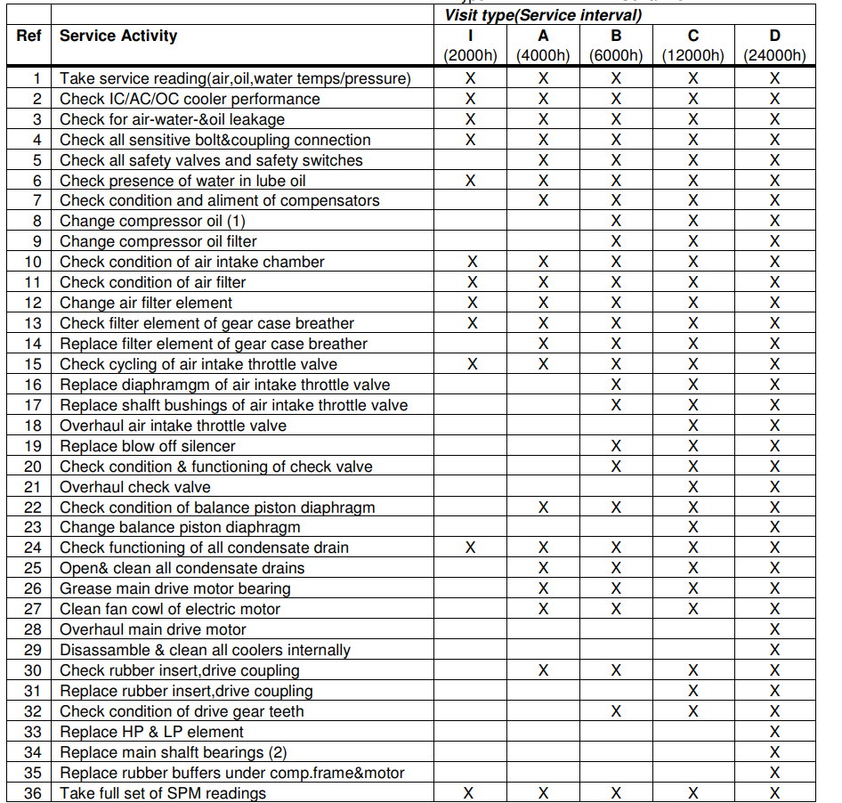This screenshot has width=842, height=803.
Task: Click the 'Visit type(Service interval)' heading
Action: (543, 15)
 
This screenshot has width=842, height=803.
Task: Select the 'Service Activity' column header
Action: (118, 36)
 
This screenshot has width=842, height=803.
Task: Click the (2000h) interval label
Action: (471, 55)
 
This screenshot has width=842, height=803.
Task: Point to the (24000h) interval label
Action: (774, 55)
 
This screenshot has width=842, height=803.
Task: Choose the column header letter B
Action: (616, 36)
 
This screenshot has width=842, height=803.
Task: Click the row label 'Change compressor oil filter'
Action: (158, 241)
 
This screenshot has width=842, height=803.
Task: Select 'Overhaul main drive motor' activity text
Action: (152, 629)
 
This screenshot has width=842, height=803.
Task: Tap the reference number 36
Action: (33, 793)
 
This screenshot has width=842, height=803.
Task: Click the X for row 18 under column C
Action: (693, 426)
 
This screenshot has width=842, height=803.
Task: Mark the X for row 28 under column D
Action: (774, 629)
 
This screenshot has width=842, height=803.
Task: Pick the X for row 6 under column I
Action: (471, 181)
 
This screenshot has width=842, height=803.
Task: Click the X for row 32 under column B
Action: (616, 711)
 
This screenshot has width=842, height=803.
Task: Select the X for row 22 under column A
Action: (543, 507)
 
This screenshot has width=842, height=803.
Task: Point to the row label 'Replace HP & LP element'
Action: (151, 732)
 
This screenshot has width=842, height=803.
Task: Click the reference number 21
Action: (33, 487)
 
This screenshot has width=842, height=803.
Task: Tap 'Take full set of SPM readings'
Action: (163, 793)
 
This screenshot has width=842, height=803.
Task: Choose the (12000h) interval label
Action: (693, 55)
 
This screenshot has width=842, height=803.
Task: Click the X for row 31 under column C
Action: (693, 691)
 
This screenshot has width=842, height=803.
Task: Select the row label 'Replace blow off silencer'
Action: (148, 446)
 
